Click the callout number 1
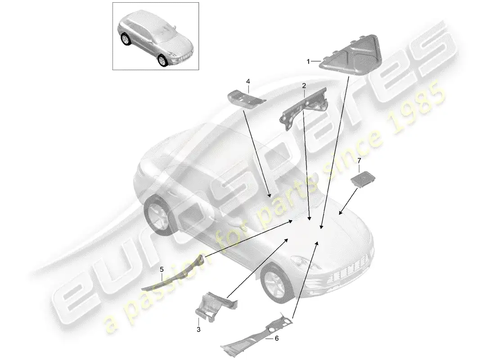click(308, 61)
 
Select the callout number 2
click(304, 85)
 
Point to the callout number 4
click(247, 81)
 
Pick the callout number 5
click(162, 270)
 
